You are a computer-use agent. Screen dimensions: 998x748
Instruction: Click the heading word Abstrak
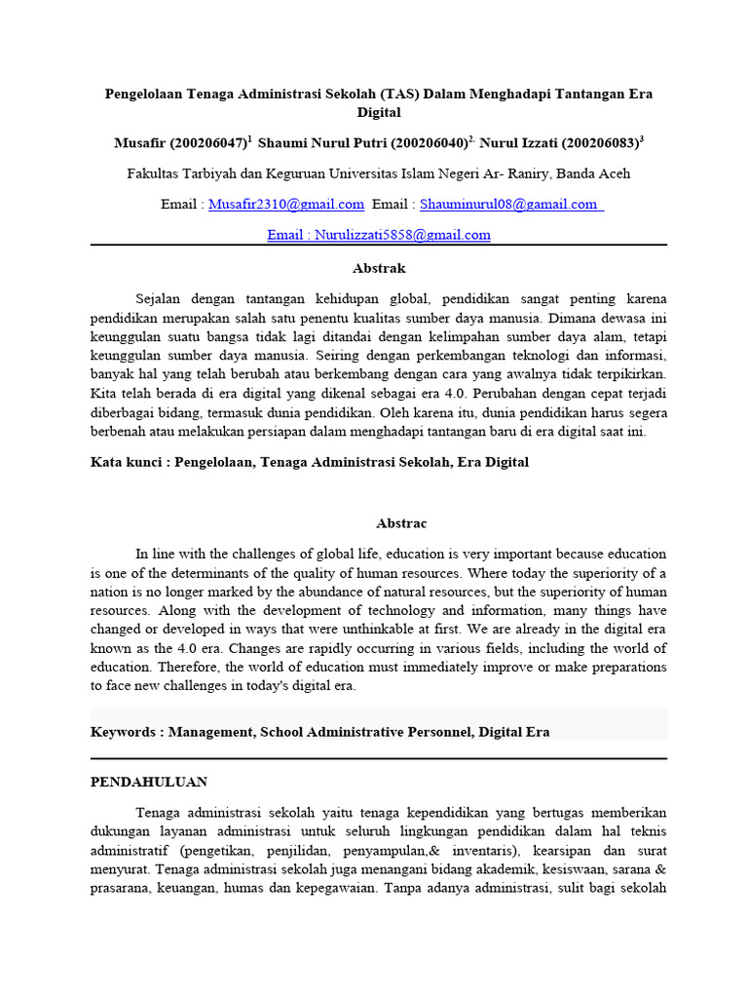coord(379,268)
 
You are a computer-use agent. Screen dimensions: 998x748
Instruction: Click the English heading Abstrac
coord(379,523)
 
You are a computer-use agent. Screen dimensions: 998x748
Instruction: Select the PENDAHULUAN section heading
coord(149,782)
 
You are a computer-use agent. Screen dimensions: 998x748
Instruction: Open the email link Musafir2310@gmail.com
coord(287,205)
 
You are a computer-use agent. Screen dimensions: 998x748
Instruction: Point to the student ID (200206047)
coord(207,143)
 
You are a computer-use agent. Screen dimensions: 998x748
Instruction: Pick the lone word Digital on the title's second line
coord(379,112)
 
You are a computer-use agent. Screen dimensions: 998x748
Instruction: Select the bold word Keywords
coord(125,731)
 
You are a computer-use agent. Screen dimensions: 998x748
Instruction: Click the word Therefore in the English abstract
coord(190,668)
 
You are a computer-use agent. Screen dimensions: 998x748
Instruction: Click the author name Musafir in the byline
coord(140,143)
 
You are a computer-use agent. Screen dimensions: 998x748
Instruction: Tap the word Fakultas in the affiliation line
coord(155,174)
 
